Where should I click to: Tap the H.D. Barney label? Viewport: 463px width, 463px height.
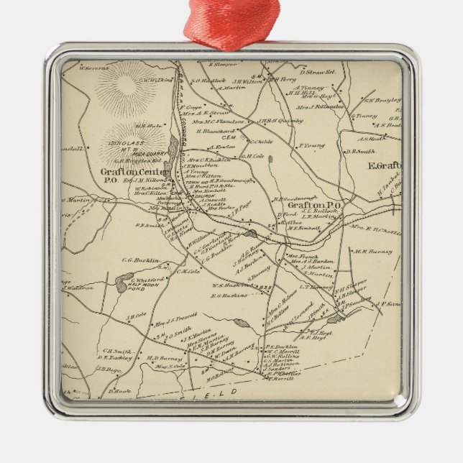click(162, 357)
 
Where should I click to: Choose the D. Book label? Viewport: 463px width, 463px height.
click(118, 390)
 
